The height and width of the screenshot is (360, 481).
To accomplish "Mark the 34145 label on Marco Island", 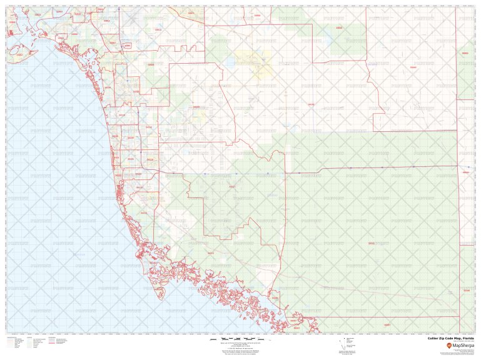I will point(154,263).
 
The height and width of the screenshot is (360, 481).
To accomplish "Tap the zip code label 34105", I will point(131,137).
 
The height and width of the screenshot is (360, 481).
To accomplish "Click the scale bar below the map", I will point(241,339).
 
